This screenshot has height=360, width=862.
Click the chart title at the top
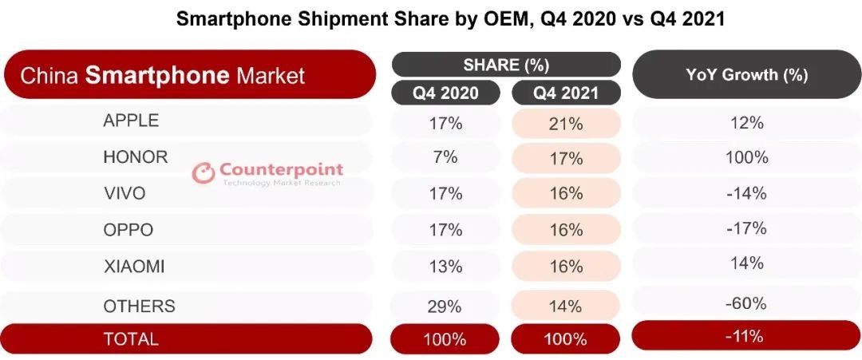450,19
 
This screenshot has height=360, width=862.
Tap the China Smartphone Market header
163,76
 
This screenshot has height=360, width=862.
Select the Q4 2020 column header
445,93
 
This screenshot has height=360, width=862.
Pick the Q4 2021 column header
566,93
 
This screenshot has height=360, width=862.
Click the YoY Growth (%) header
746,75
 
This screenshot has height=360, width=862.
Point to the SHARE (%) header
506,65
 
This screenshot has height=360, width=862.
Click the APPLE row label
131,121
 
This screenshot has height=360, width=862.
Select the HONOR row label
136,156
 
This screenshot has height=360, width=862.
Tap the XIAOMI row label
134,267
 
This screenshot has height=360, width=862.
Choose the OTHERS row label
139,306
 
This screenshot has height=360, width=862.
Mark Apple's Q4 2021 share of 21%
566,123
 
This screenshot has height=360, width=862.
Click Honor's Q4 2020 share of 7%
445,157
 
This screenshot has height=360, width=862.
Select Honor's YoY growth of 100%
746,157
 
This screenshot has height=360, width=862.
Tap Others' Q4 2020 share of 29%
445,305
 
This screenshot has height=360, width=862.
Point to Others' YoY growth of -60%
746,303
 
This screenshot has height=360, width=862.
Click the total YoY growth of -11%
746,335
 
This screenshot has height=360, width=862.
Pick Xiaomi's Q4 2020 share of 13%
445,267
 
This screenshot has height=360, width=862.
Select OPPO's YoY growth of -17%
746,229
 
